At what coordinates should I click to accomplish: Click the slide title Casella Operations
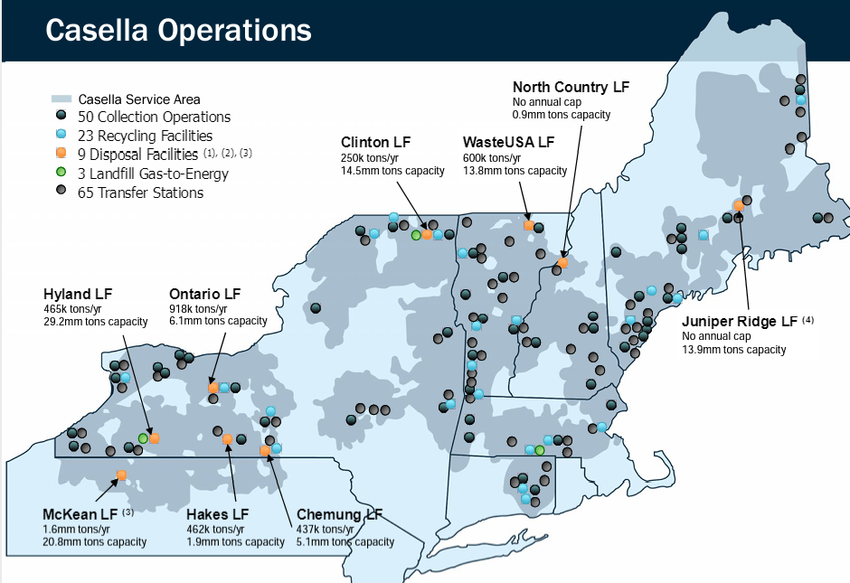tap(178, 30)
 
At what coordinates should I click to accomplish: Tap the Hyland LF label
tap(78, 294)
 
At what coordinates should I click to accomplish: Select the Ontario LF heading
tap(205, 294)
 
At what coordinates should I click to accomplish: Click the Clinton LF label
tap(376, 142)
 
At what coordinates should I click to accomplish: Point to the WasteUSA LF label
tap(508, 142)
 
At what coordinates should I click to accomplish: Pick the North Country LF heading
tap(571, 87)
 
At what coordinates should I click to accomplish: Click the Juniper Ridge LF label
tap(741, 321)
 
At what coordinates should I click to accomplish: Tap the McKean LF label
tap(80, 514)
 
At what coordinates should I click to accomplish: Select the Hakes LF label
tap(217, 514)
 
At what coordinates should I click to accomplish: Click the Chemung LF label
tap(339, 514)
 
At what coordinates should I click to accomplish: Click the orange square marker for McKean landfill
tap(121, 475)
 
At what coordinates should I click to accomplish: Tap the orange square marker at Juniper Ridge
tap(739, 204)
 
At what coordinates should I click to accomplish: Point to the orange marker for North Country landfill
tap(562, 263)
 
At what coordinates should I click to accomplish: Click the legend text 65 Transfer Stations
tap(141, 193)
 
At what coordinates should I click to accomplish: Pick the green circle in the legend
tap(61, 174)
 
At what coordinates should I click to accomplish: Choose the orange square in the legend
tap(61, 155)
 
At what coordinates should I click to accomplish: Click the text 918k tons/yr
tap(198, 308)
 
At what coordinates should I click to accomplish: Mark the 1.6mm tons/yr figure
tap(76, 529)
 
